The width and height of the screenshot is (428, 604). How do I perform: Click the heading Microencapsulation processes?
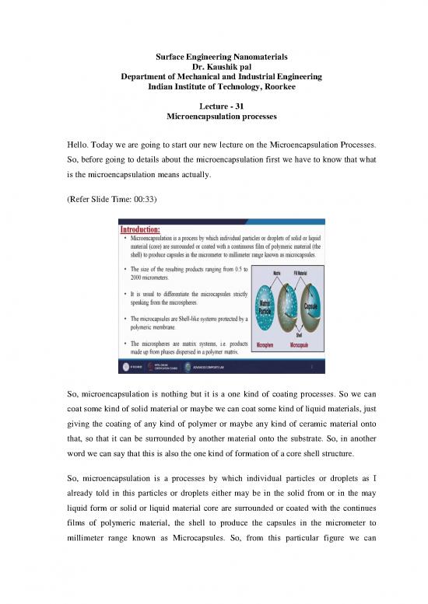(x=214, y=116)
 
